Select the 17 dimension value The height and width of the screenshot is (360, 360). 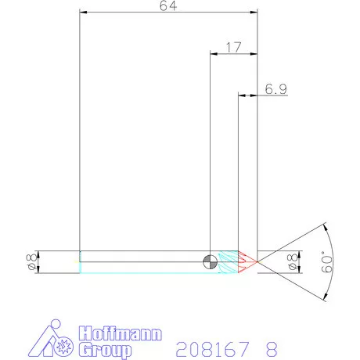232,47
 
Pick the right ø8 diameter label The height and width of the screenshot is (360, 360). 293,262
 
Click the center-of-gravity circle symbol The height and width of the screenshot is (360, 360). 210,262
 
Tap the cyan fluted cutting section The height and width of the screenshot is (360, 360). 229,262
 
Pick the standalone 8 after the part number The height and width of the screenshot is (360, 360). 271,347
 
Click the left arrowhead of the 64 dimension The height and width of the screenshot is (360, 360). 83,13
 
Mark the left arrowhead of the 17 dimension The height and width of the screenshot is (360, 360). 213,54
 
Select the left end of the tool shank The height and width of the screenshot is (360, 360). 80,262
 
